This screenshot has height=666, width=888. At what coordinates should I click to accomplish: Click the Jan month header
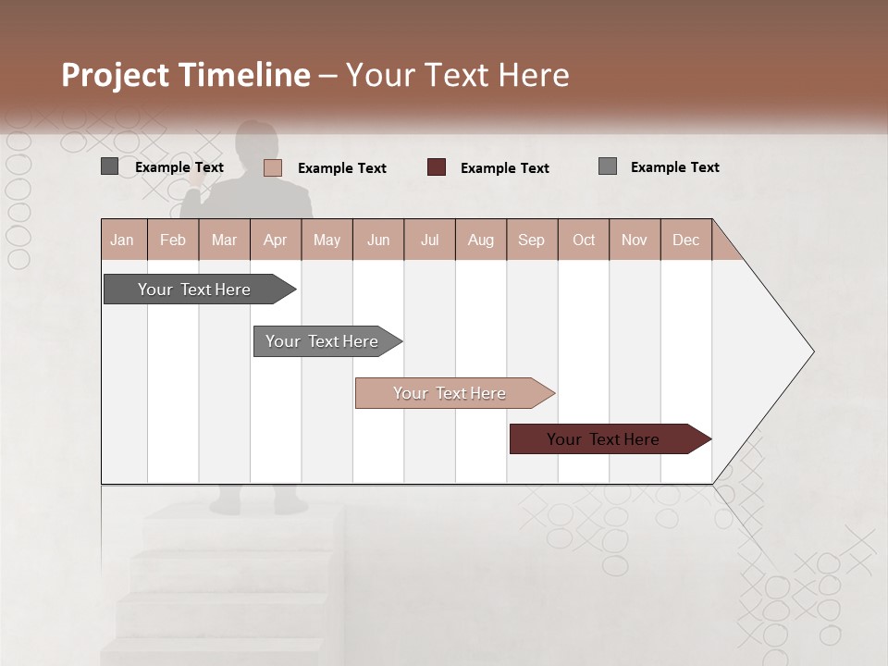pyautogui.click(x=122, y=240)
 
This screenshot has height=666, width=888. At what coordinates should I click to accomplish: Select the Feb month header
pyautogui.click(x=173, y=240)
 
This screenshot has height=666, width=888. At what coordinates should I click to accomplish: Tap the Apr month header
pyautogui.click(x=276, y=240)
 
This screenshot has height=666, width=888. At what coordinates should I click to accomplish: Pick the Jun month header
pyautogui.click(x=378, y=240)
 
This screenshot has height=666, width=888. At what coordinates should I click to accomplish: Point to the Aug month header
pyautogui.click(x=481, y=240)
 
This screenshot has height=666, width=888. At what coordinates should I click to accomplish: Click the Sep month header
pyautogui.click(x=532, y=240)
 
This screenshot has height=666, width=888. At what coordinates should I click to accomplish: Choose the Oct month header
pyautogui.click(x=584, y=240)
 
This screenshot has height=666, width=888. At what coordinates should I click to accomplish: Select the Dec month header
pyautogui.click(x=686, y=240)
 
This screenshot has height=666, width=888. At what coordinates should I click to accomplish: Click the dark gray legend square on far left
pyautogui.click(x=109, y=166)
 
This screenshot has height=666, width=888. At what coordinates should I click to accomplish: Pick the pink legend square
pyautogui.click(x=272, y=167)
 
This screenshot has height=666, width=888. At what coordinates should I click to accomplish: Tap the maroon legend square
pyautogui.click(x=437, y=167)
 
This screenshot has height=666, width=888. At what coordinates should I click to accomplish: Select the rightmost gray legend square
pyautogui.click(x=608, y=166)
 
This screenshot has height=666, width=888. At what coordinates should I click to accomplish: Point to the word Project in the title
pyautogui.click(x=116, y=75)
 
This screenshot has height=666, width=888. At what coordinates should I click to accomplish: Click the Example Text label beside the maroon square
pyautogui.click(x=504, y=168)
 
